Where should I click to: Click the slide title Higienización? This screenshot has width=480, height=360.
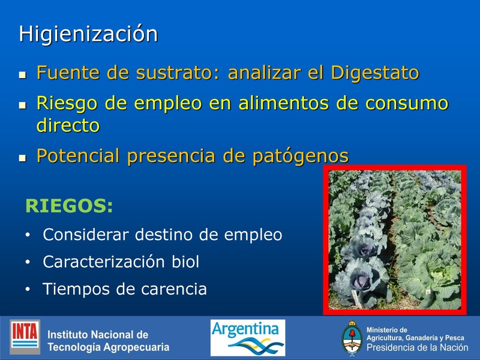[x=88, y=34]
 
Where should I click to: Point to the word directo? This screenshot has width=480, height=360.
[x=68, y=126]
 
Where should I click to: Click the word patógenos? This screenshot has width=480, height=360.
[x=301, y=156]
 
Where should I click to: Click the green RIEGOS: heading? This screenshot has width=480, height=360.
[x=69, y=206]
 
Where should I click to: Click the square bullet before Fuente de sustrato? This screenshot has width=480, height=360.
[x=23, y=76]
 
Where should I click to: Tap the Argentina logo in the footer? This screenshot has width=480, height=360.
[x=247, y=337]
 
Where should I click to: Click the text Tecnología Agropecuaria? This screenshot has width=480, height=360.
[x=108, y=347]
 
